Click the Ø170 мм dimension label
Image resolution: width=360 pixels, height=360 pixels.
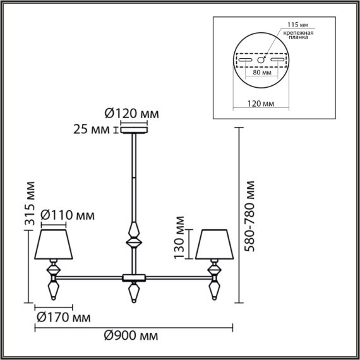click(61, 316)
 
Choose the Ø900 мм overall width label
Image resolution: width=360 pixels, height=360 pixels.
click(132, 334)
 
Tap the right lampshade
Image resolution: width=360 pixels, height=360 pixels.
click(214, 244)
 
